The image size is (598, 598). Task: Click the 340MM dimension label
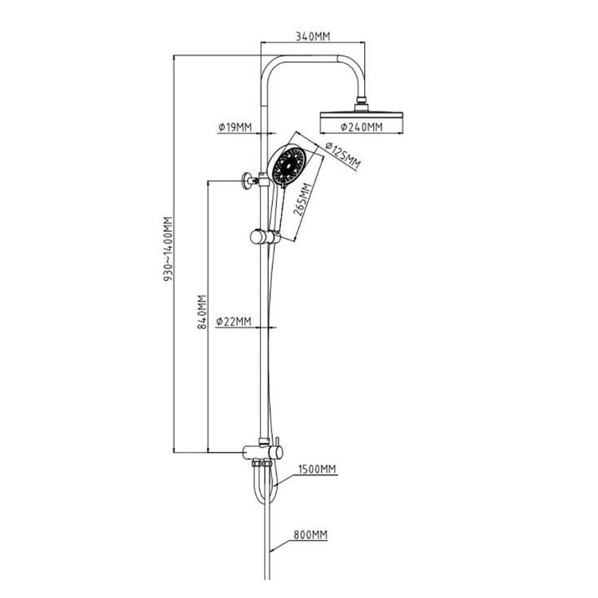point(313,36)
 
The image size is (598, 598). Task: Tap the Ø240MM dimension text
point(361,126)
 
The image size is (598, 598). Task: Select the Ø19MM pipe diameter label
point(235,127)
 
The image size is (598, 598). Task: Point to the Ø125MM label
point(342,156)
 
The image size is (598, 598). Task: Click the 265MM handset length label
point(303,200)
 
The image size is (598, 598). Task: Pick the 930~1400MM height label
point(168,249)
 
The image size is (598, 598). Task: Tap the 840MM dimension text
point(202,311)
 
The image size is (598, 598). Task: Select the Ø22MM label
point(234,322)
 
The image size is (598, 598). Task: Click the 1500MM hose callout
point(317,468)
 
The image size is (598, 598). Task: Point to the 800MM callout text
point(310,534)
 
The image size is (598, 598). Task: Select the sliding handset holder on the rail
point(265,237)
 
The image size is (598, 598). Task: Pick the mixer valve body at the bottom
point(262,453)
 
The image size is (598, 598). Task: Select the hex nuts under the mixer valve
point(262,464)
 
